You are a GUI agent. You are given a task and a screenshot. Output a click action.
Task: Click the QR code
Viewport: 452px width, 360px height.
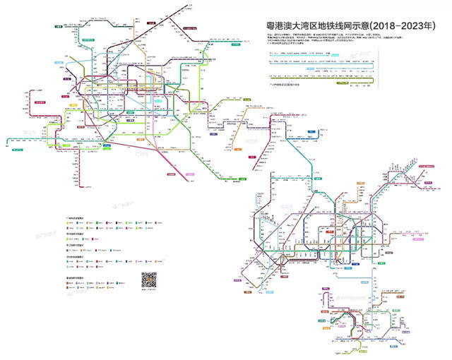coord(149,279)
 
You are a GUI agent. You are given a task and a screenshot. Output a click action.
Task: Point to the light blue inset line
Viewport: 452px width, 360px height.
coord(325,71)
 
